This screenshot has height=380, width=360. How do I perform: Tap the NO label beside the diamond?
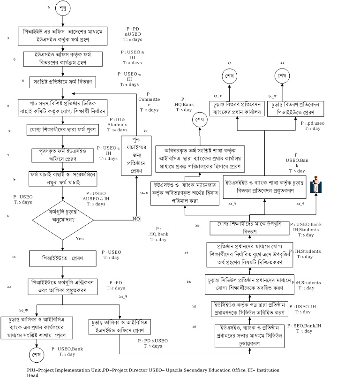136,219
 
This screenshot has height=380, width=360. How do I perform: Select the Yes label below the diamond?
80,239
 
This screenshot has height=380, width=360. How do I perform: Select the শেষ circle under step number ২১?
229,76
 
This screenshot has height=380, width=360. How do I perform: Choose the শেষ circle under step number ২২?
282,76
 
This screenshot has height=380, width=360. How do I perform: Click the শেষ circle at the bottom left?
36,355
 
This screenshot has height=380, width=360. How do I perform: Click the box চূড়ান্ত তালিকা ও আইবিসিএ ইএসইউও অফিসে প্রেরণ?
120,326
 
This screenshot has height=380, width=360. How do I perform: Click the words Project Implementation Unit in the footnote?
70,370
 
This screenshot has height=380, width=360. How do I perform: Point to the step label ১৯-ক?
143,192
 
